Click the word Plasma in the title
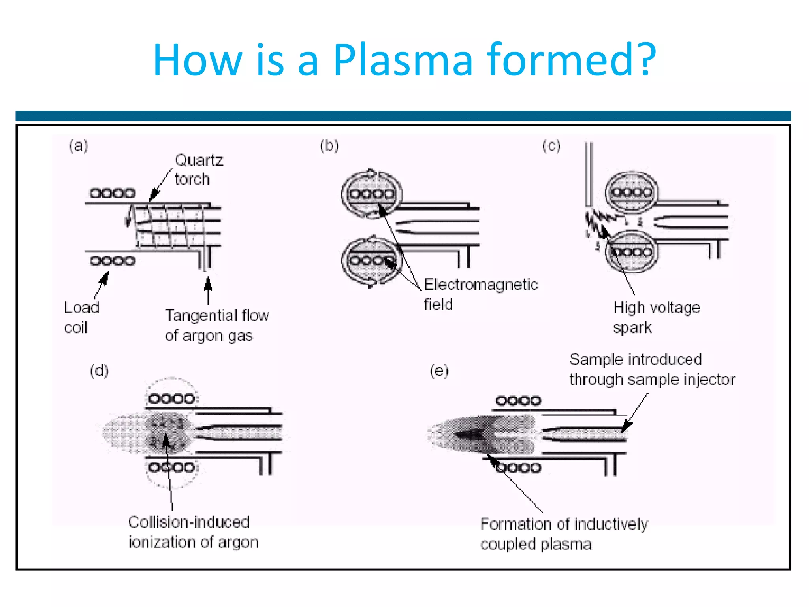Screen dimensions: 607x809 point(403,60)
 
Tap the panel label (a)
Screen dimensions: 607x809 point(78,145)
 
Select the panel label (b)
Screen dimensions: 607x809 point(329,145)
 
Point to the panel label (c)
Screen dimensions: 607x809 point(551,145)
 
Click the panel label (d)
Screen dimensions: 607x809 point(99,371)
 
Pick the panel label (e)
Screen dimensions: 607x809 point(439,371)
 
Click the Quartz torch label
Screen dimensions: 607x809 point(199,170)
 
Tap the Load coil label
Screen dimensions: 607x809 point(81,317)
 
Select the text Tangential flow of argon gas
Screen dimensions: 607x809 point(217,325)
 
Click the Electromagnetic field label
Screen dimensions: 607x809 point(480,294)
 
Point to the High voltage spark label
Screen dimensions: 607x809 point(656,317)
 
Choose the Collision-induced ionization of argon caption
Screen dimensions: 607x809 point(193,532)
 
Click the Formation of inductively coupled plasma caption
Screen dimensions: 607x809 point(564,534)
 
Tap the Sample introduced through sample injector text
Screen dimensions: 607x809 point(652,369)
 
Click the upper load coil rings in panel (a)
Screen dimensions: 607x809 point(112,193)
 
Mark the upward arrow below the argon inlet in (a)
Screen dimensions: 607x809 point(208,290)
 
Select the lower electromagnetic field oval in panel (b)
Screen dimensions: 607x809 point(371,260)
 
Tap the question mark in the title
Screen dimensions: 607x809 point(646,60)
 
